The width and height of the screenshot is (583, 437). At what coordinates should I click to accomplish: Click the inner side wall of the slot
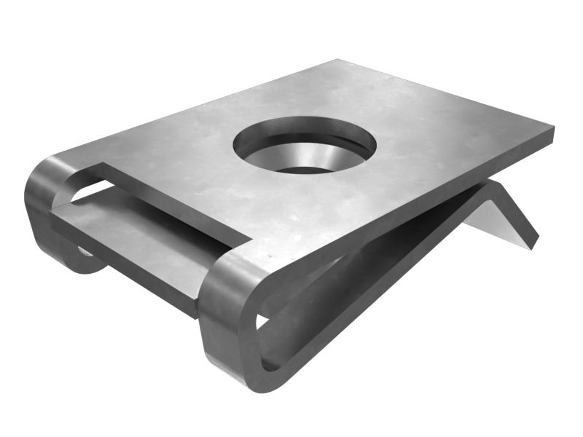coord(175,200)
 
